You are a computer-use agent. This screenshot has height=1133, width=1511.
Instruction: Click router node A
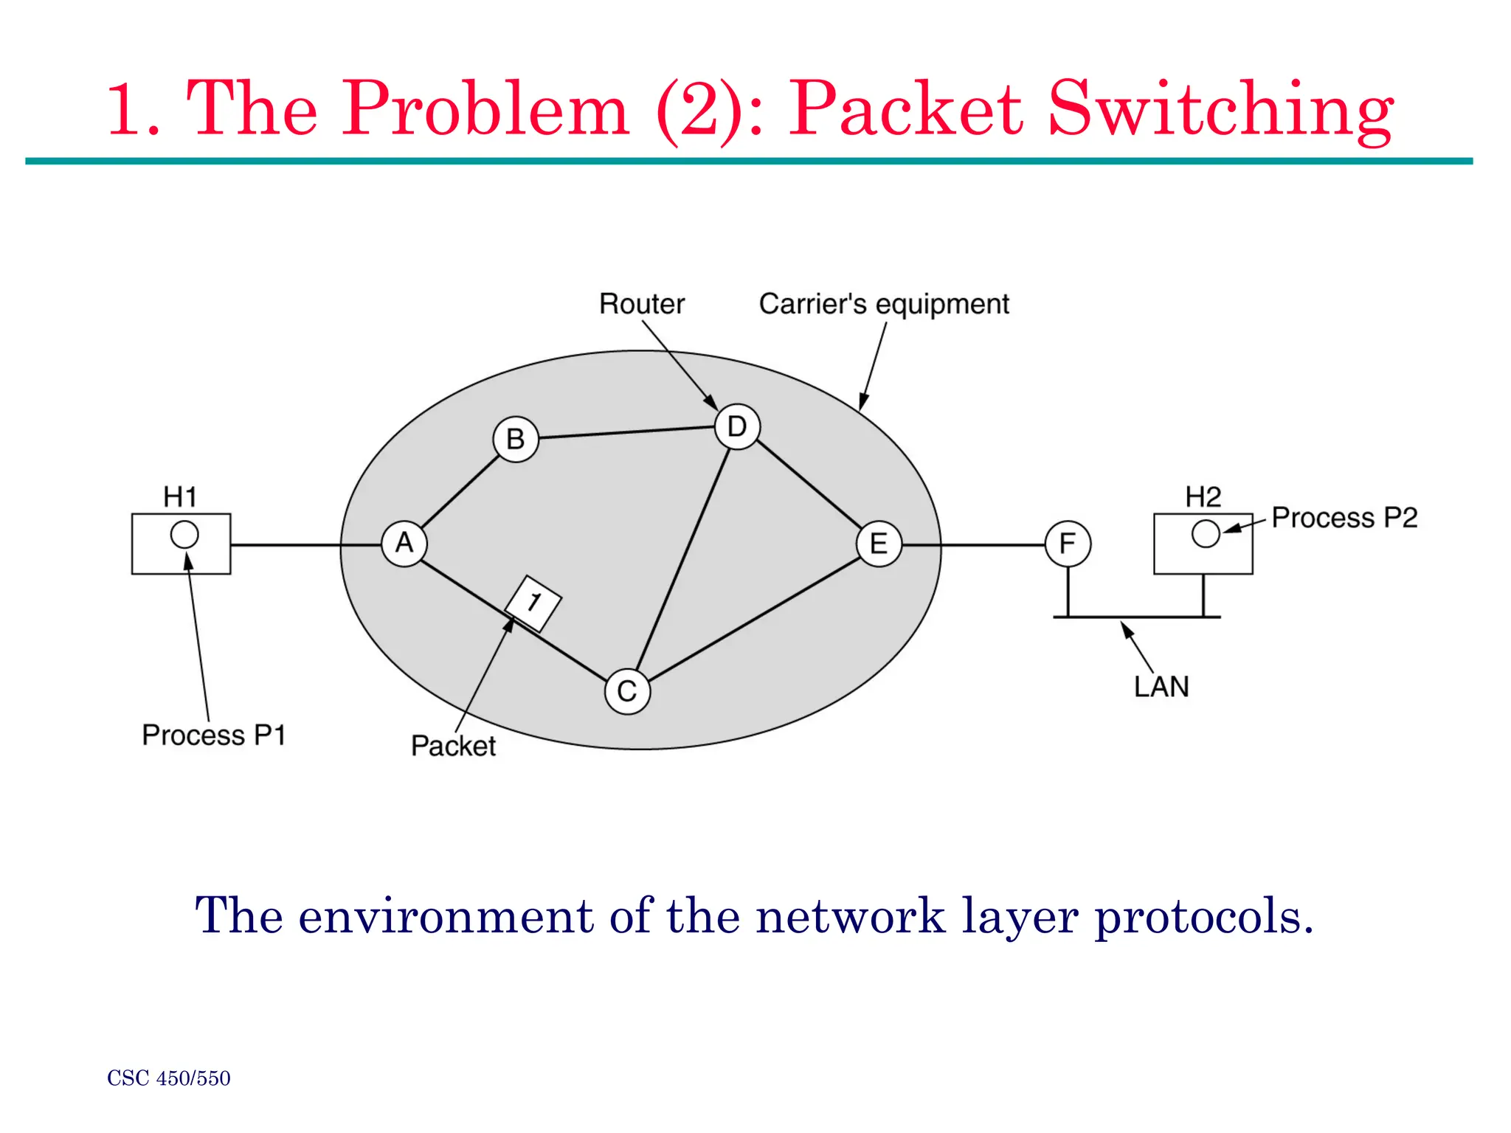tap(404, 544)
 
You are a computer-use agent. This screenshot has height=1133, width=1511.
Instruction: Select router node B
tap(515, 440)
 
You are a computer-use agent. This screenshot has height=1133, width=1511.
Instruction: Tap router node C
tap(627, 691)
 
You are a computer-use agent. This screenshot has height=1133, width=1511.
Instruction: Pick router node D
tap(737, 426)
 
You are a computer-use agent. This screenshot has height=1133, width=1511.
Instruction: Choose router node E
tap(879, 544)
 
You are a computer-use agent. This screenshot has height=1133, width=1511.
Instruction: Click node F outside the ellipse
tap(1068, 544)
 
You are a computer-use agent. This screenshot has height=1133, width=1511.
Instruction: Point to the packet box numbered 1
tap(533, 603)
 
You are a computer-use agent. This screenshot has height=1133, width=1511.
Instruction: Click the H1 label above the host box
tap(180, 496)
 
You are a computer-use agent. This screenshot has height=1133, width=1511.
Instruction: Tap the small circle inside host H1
tap(184, 534)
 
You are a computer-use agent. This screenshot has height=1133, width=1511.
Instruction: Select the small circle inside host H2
tap(1206, 533)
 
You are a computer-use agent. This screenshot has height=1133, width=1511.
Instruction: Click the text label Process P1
tap(213, 735)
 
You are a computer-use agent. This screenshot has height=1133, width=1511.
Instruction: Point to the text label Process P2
tap(1344, 517)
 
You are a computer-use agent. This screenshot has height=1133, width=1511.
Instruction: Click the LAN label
tap(1161, 687)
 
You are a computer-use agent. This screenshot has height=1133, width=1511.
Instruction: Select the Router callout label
tap(641, 304)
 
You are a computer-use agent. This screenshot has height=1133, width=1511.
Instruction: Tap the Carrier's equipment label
tap(884, 304)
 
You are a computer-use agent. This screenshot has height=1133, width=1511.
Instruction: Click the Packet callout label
tap(453, 746)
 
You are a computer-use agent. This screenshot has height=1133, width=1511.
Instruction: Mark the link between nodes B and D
tap(627, 432)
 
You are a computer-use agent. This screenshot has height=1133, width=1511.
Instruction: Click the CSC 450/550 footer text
tap(169, 1078)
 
